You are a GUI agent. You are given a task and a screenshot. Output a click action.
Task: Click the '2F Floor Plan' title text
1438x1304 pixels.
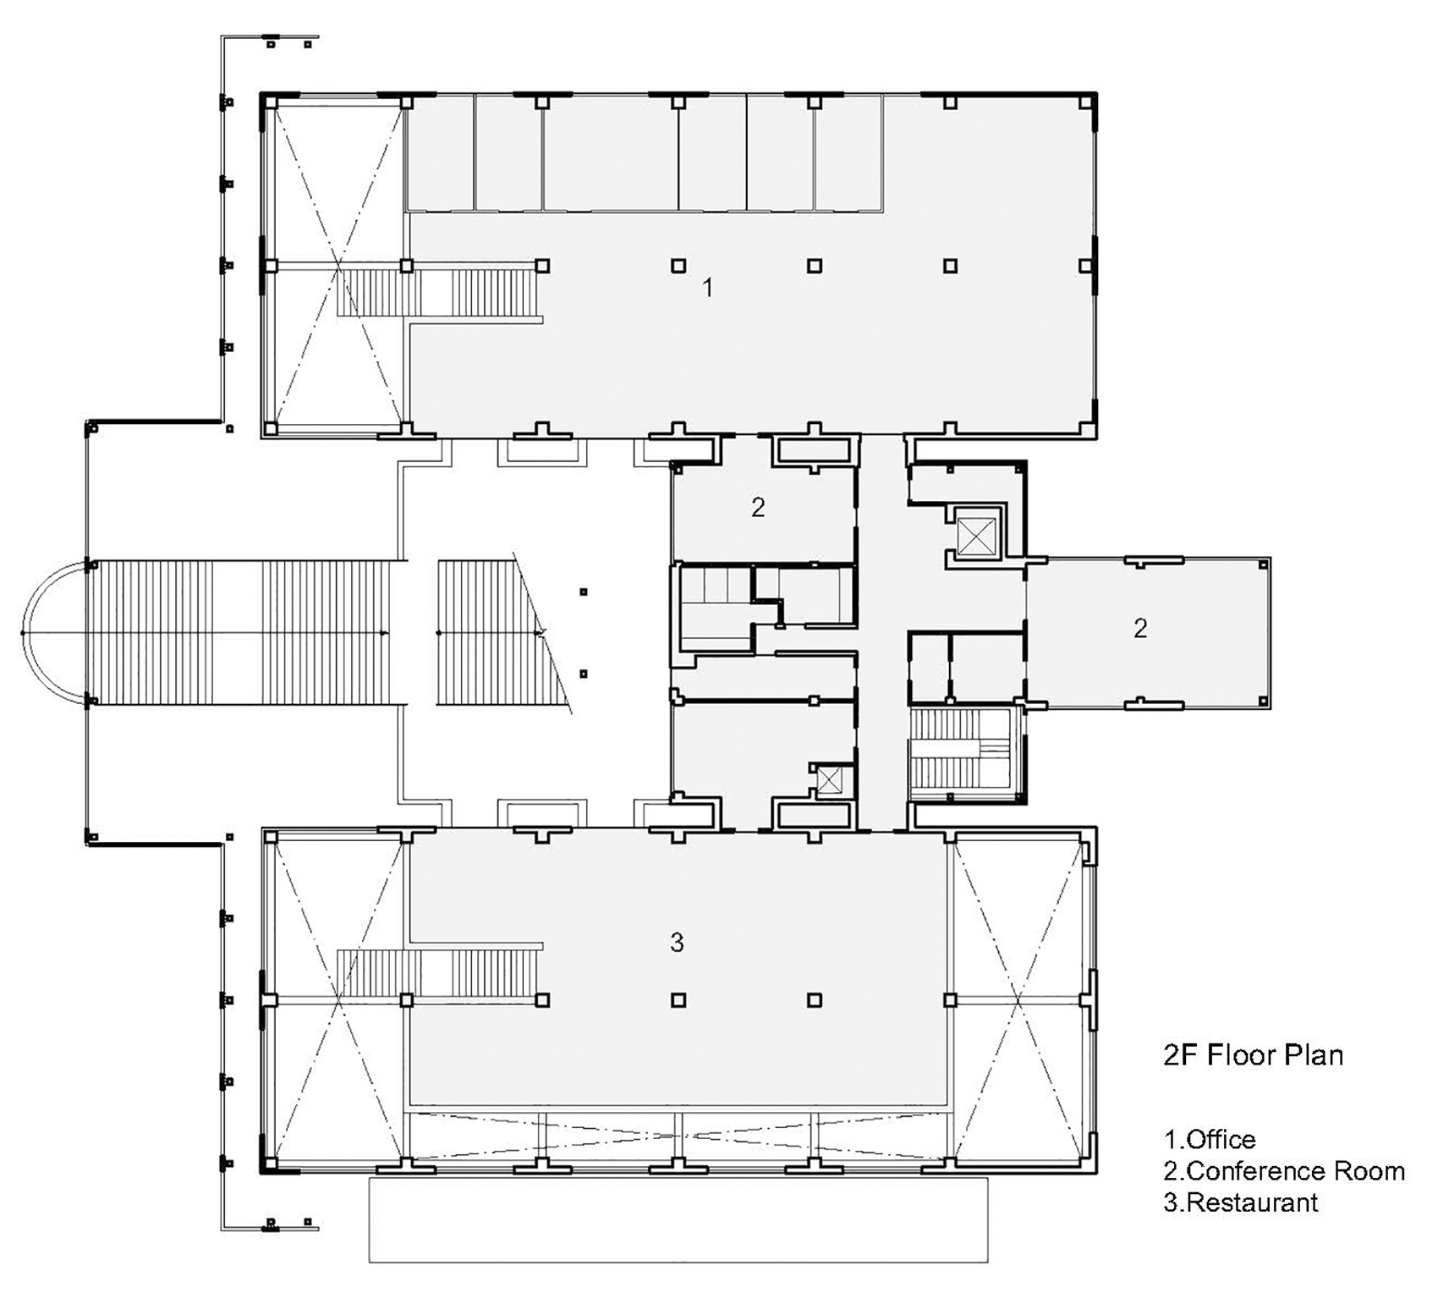click(x=1254, y=1056)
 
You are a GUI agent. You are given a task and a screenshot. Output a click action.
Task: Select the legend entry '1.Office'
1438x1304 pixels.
click(x=1210, y=1139)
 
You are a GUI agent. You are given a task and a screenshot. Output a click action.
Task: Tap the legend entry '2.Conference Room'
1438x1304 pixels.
click(x=1284, y=1171)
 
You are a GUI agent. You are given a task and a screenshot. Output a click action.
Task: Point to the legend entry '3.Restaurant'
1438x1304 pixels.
click(x=1241, y=1202)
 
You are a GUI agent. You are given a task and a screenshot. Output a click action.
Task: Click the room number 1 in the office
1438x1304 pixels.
click(x=708, y=288)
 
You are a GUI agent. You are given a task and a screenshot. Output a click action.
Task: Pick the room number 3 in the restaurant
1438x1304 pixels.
click(x=677, y=942)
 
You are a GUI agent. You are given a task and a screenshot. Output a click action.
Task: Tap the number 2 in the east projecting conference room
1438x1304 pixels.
click(x=1140, y=628)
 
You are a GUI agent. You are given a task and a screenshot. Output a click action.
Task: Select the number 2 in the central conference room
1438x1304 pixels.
click(x=758, y=507)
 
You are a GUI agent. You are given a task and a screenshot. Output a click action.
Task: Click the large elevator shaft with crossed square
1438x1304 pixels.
click(x=976, y=535)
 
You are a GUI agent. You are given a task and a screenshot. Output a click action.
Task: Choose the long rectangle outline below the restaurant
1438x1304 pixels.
click(x=678, y=1220)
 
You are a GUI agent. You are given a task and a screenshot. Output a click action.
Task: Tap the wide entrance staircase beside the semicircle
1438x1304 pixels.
click(x=246, y=632)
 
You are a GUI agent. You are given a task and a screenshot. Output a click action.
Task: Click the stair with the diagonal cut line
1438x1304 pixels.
click(x=504, y=632)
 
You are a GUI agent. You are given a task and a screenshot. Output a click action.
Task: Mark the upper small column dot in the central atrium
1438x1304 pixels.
click(x=583, y=592)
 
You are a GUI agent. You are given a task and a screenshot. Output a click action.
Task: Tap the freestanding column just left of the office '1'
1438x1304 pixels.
click(x=678, y=266)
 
